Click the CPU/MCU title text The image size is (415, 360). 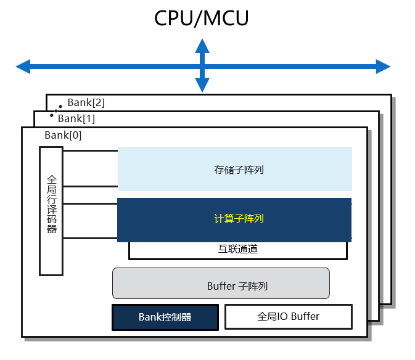(x=201, y=18)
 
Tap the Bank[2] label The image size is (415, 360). (x=86, y=103)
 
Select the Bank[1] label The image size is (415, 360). (x=76, y=118)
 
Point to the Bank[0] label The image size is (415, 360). (x=63, y=135)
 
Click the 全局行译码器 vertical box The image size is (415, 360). (x=51, y=211)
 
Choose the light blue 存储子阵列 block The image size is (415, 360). (x=234, y=169)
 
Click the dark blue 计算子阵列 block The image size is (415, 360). (x=234, y=219)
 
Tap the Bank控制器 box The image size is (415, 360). (x=165, y=317)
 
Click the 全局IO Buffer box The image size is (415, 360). (x=288, y=317)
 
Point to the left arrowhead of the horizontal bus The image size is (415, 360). (x=23, y=66)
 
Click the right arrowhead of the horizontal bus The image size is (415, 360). (x=383, y=66)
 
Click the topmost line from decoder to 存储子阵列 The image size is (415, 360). (x=90, y=150)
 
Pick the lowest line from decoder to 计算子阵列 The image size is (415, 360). (x=90, y=238)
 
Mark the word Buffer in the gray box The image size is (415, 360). (x=221, y=287)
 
